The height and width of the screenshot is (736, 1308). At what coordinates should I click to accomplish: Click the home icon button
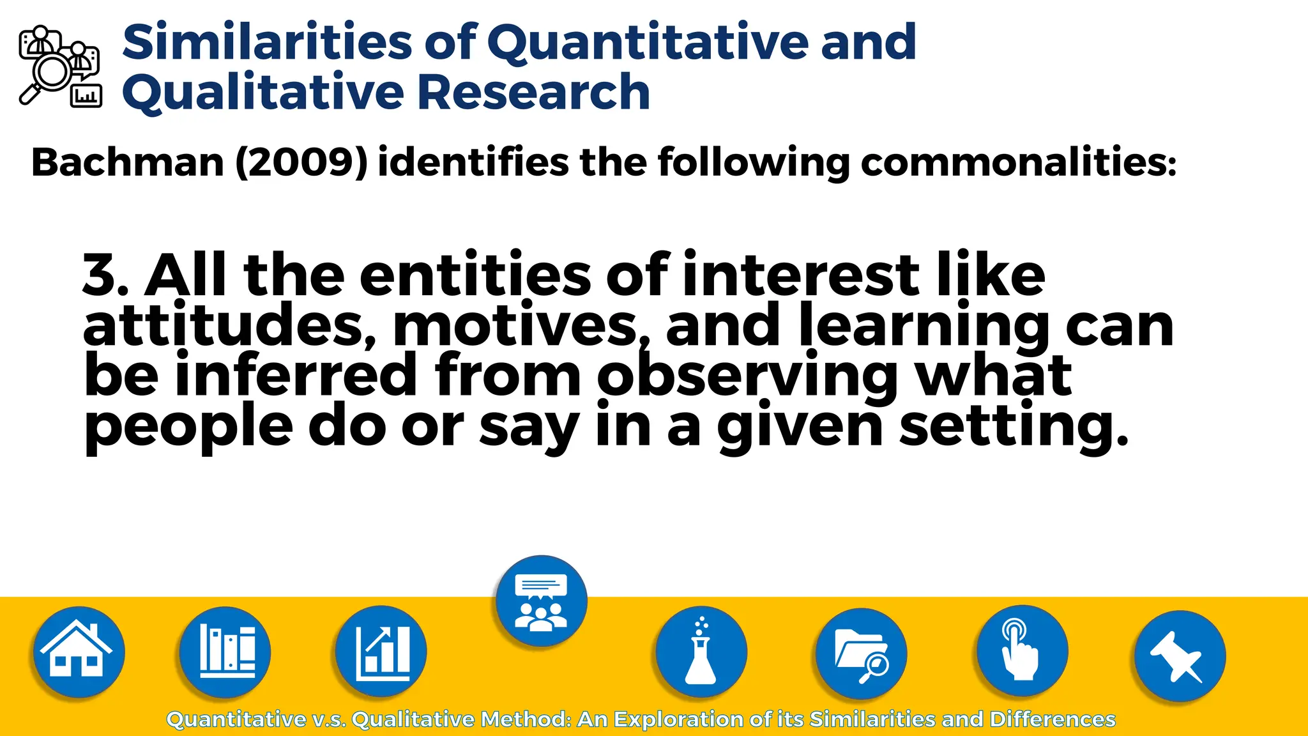[79, 652]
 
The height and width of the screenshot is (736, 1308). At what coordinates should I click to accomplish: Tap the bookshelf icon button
[225, 652]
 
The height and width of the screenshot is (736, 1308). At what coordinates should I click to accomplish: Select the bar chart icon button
[381, 652]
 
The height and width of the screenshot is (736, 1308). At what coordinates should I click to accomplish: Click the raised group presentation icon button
[541, 601]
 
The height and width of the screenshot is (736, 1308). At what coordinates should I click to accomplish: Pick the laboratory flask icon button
[701, 652]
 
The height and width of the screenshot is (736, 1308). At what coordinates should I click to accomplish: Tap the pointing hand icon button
[1021, 652]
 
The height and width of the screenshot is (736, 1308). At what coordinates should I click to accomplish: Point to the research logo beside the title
[60, 66]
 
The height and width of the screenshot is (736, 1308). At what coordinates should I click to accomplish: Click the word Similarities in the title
[267, 42]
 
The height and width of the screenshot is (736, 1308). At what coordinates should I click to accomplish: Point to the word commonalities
[1018, 162]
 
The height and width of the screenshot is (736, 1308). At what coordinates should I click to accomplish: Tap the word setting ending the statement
[1012, 427]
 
